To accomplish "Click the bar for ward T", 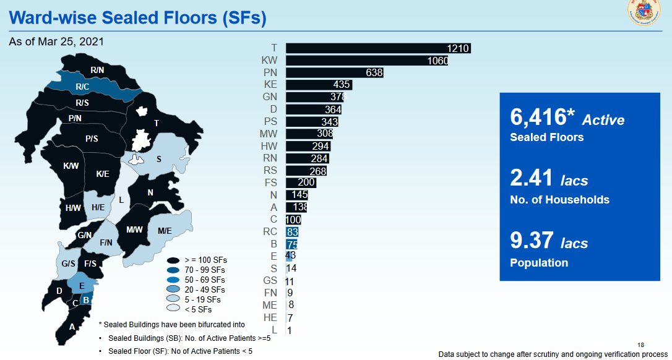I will click(x=377, y=48).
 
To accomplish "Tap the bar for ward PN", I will click(x=334, y=73).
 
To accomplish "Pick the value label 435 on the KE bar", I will click(x=342, y=85).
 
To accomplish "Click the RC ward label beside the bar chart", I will click(x=270, y=232).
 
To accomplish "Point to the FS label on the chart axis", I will click(x=270, y=182).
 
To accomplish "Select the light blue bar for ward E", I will click(x=288, y=256).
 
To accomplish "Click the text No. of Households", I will click(x=559, y=200).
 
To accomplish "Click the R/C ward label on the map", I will click(x=83, y=87).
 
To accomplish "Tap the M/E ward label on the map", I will click(x=165, y=231).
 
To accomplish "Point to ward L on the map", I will click(x=121, y=200).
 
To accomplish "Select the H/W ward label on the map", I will click(x=73, y=208).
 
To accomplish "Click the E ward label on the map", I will click(x=82, y=286).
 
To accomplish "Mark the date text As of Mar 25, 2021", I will click(x=56, y=42).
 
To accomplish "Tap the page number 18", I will click(x=640, y=345).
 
